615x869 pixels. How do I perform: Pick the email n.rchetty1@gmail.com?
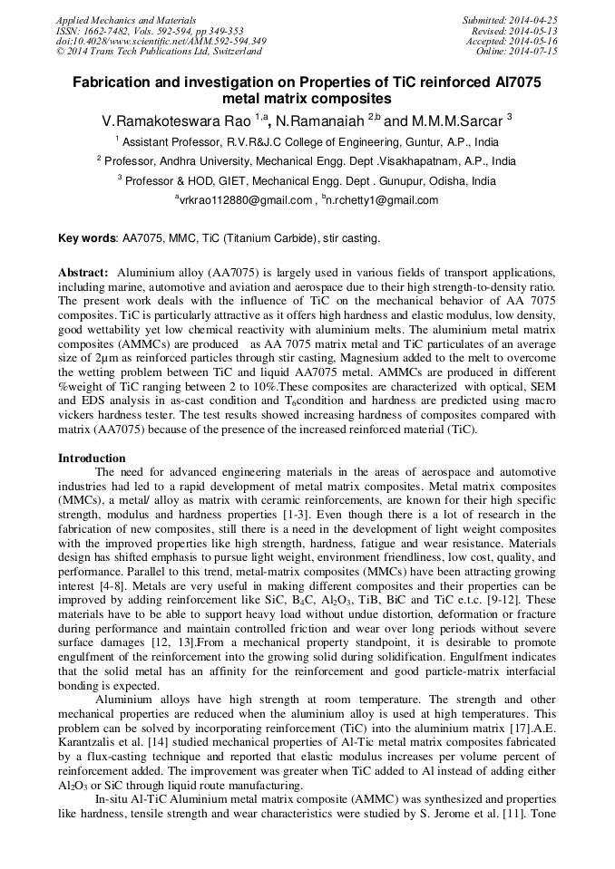tap(383, 200)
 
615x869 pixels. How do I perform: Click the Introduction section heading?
tap(92, 459)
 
